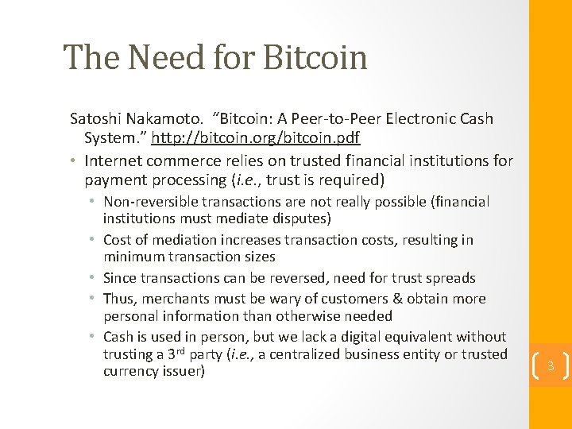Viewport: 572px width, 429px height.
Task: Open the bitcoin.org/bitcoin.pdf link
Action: coord(256,138)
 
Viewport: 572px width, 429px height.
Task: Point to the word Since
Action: coord(119,278)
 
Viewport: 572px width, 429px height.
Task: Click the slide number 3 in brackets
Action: coord(549,366)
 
